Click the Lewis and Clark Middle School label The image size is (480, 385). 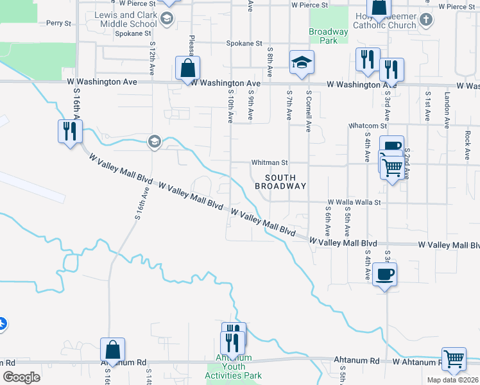click(x=124, y=19)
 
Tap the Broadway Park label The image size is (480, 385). click(x=328, y=36)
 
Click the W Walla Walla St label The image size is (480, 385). click(x=354, y=202)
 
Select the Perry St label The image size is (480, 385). click(x=58, y=23)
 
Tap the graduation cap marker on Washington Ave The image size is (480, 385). click(x=302, y=62)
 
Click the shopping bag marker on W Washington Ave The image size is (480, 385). click(x=187, y=68)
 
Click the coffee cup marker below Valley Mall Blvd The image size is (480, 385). click(x=384, y=275)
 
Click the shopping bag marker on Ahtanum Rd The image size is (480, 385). click(x=112, y=350)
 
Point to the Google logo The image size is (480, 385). click(x=21, y=377)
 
